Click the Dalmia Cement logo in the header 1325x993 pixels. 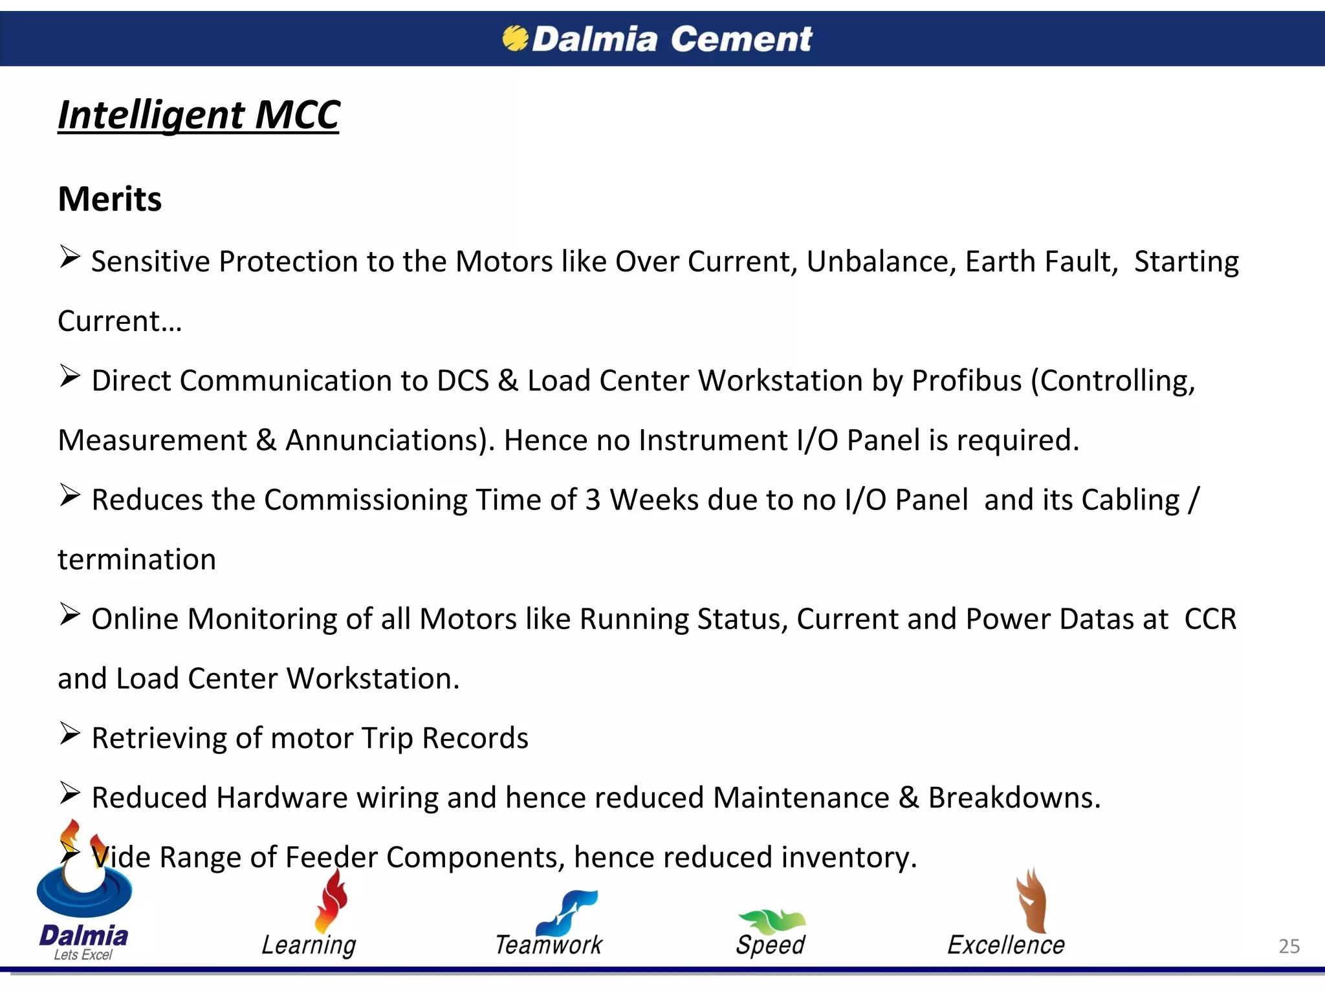657,39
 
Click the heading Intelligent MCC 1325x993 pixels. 198,115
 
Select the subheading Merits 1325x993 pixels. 109,198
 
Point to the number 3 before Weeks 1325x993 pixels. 593,500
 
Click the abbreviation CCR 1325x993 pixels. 1210,619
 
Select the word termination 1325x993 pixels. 137,560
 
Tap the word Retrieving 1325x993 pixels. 159,738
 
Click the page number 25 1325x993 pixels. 1289,946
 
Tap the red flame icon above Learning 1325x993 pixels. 331,901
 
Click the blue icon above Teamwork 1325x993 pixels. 567,912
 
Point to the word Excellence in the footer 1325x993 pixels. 1005,945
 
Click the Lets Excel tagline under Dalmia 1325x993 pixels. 83,955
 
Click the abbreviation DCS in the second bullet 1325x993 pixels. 462,381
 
